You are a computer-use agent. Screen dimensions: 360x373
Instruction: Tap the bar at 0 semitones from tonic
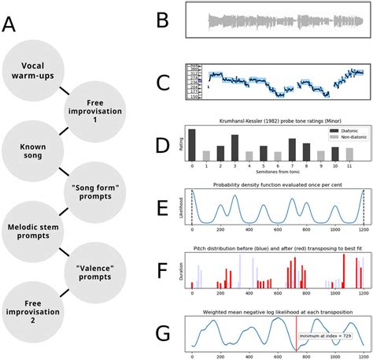[x=191, y=144]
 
